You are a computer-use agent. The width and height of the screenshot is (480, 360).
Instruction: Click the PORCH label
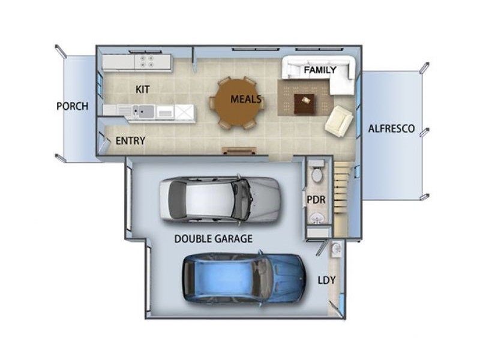(x=73, y=106)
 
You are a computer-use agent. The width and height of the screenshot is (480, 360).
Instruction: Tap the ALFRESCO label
(x=391, y=128)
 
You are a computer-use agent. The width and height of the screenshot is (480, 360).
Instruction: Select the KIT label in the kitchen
(x=143, y=89)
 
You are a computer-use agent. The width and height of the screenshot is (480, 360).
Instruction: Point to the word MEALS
(x=246, y=99)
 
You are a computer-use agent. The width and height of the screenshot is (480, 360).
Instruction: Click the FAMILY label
(x=320, y=70)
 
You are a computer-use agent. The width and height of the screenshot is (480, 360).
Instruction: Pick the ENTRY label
(x=130, y=141)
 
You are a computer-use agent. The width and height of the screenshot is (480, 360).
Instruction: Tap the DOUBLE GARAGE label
(x=214, y=239)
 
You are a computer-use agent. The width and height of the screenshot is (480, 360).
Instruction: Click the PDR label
(x=316, y=200)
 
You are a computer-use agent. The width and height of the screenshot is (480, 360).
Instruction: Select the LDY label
(x=326, y=280)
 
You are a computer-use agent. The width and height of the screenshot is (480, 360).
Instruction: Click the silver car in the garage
(x=220, y=199)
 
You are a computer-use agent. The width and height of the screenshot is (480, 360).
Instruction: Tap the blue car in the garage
(x=244, y=278)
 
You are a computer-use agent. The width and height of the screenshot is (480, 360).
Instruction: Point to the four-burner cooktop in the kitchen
(x=146, y=61)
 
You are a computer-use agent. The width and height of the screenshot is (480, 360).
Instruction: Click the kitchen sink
(x=143, y=111)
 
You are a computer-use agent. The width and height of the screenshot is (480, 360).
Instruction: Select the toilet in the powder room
(x=317, y=172)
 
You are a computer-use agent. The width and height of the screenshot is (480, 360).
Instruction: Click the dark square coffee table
(x=304, y=104)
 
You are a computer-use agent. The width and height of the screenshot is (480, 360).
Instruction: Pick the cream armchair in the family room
(x=338, y=121)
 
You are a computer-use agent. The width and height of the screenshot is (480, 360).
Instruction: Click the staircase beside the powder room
(x=342, y=199)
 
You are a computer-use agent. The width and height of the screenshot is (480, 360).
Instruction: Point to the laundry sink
(x=337, y=248)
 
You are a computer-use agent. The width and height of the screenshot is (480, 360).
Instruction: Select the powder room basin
(x=316, y=218)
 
